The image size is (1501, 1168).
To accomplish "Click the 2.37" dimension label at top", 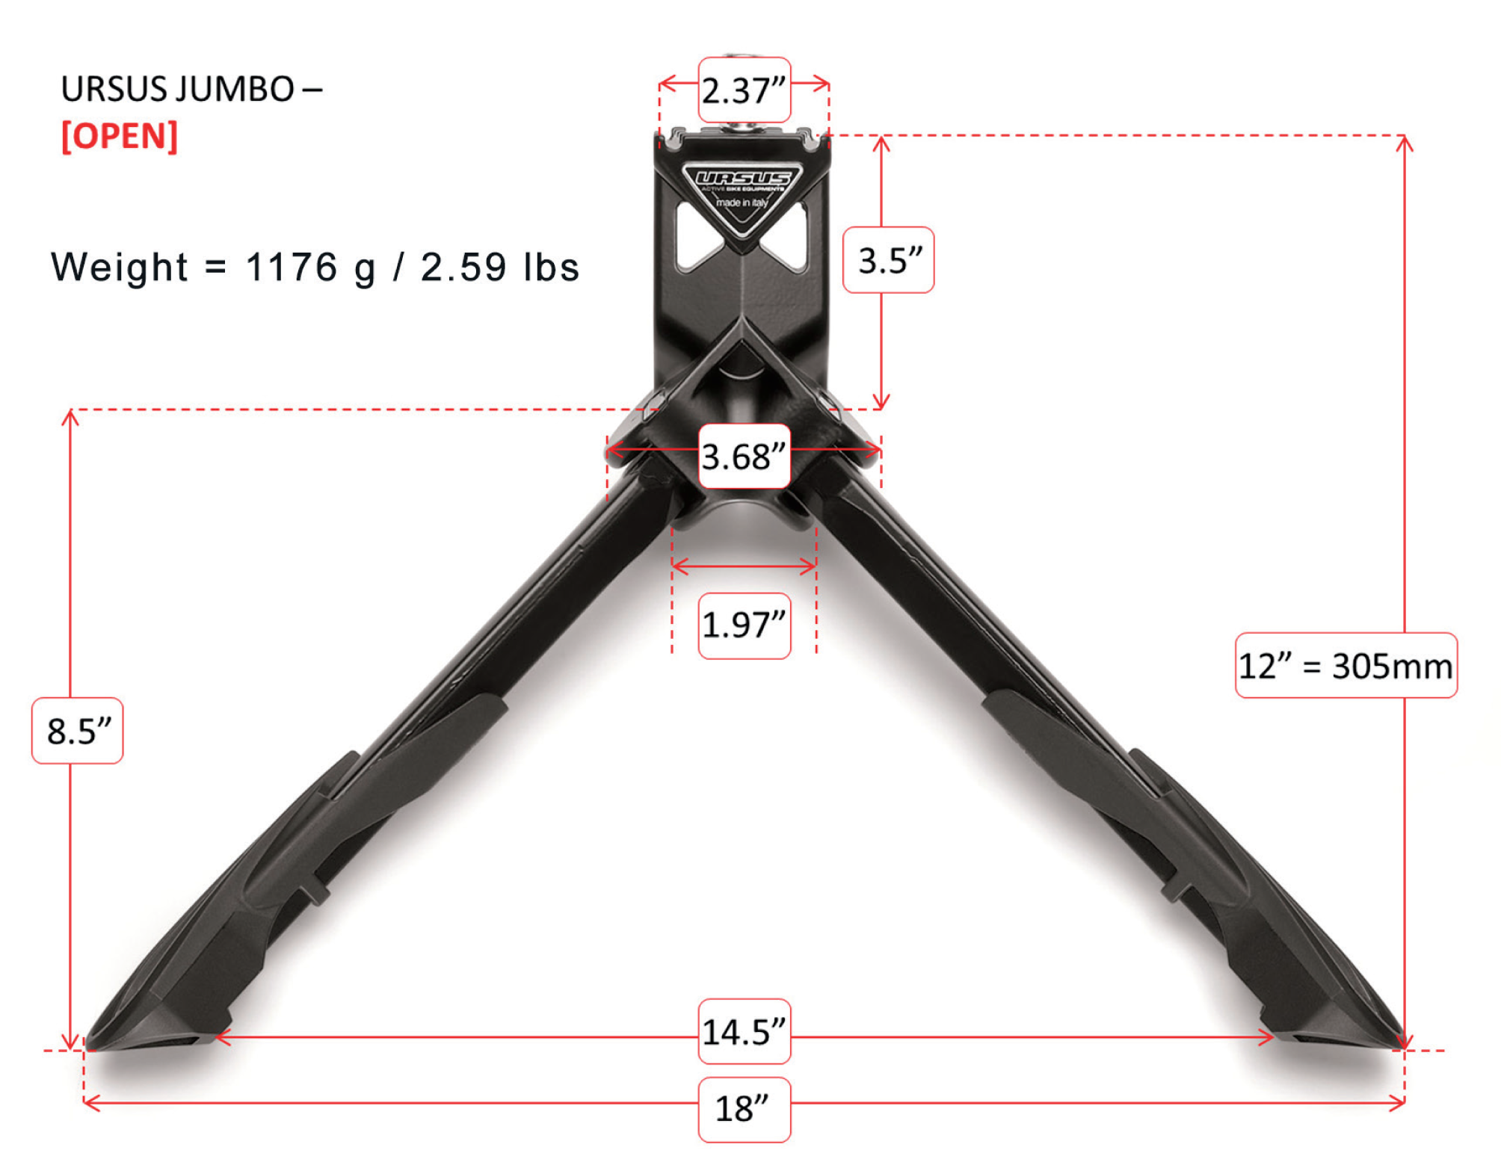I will [x=744, y=90].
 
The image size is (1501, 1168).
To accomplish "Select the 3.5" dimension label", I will [x=888, y=260].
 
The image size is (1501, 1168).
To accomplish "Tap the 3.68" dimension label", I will [x=744, y=457].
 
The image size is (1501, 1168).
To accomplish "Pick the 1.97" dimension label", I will [x=744, y=625].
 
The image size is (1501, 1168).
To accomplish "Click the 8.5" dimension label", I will [x=78, y=731].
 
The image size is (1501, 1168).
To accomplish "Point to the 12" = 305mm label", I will [x=1345, y=666].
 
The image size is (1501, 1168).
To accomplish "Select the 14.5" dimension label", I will [x=744, y=1032].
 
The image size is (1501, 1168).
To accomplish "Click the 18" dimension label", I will [x=744, y=1109].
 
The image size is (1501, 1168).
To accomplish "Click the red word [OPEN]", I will [x=120, y=136].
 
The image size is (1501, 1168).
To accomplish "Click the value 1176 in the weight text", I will [x=292, y=267].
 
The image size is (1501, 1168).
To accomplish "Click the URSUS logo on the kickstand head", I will [x=742, y=179].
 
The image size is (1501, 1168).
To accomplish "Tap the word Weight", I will [x=119, y=267].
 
